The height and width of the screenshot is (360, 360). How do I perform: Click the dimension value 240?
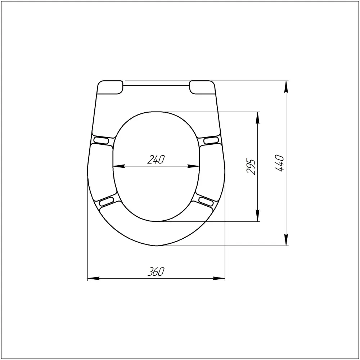click(x=156, y=159)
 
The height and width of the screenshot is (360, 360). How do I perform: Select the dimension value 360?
click(x=156, y=271)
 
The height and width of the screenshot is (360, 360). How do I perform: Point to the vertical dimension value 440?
click(x=279, y=163)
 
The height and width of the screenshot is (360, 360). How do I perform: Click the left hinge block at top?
click(x=110, y=87)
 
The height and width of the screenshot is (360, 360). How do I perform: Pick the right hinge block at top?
click(x=202, y=87)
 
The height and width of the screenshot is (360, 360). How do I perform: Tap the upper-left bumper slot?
click(x=101, y=140)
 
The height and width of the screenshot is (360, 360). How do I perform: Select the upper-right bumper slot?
click(x=211, y=140)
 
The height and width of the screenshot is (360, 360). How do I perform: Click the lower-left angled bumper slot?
click(x=106, y=201)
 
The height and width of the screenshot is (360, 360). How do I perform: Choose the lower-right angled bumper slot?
click(x=206, y=201)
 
